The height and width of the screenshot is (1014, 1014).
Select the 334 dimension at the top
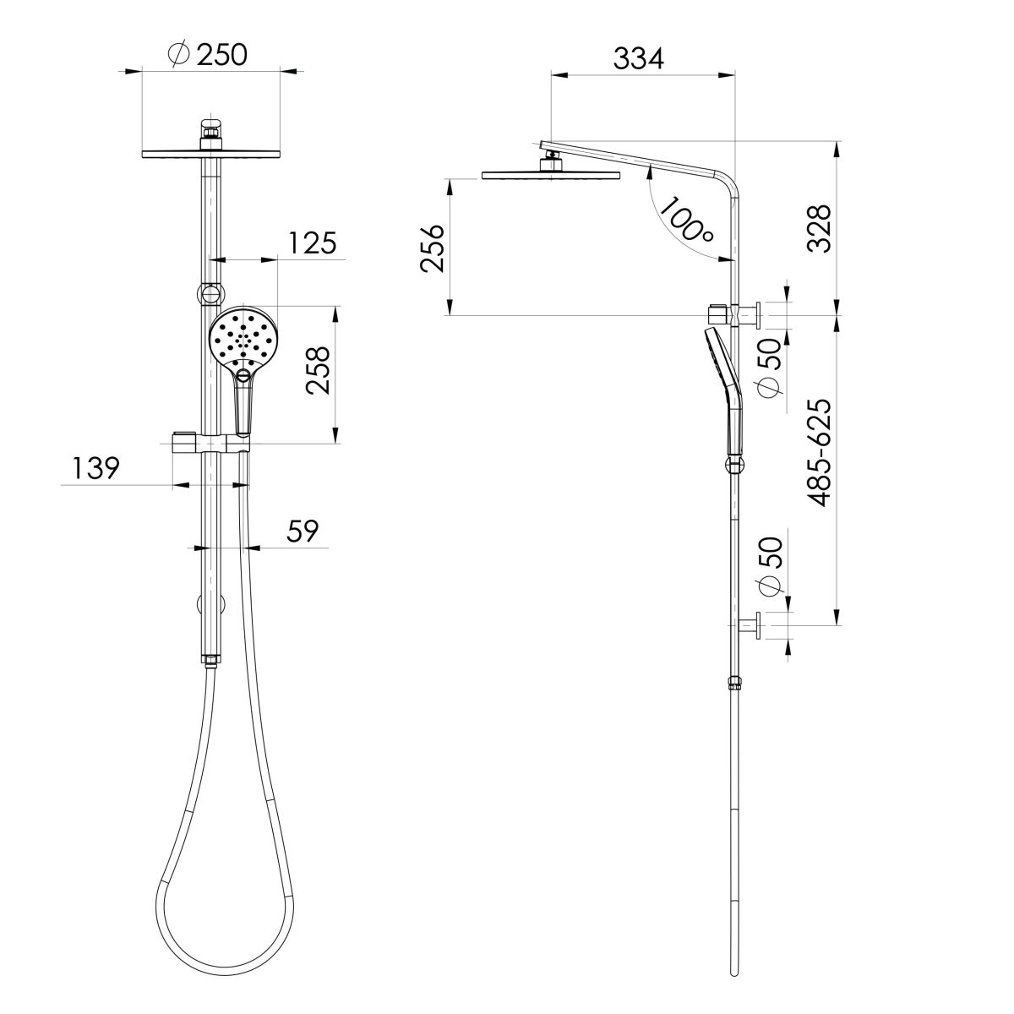coord(639,58)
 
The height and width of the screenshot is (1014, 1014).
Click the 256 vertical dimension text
coord(432,248)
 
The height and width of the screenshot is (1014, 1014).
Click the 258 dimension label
coord(318,373)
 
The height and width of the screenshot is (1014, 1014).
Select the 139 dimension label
coord(95,468)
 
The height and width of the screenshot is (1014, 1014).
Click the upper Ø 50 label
coord(770,373)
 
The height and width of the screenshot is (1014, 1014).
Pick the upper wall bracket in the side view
coord(737,314)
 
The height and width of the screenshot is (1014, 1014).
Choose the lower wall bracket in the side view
coord(749,626)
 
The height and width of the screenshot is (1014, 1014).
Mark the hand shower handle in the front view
coord(243,406)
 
